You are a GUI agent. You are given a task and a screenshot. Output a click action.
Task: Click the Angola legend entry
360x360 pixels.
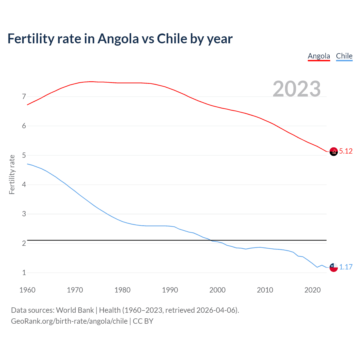point(319,56)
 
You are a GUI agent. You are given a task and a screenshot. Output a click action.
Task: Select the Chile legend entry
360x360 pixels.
point(344,56)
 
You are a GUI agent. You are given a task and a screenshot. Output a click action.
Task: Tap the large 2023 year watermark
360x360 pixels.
point(296,89)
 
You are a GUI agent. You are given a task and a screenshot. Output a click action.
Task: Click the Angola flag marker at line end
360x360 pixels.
point(334,152)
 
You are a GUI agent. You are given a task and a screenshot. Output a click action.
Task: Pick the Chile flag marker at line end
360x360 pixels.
point(334,267)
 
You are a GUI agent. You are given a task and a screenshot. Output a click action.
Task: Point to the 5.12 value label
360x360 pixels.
point(346,151)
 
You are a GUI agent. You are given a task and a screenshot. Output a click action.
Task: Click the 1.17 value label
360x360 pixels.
point(346,267)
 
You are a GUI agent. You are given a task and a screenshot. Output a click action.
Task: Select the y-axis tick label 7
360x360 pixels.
point(24,97)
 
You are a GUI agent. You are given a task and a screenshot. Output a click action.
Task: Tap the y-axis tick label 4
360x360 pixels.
point(24,185)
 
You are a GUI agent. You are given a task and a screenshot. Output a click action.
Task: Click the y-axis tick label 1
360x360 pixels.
point(24,273)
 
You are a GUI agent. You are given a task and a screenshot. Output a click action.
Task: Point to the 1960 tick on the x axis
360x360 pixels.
point(27,290)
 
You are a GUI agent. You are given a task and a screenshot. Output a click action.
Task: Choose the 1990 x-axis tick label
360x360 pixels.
point(170,290)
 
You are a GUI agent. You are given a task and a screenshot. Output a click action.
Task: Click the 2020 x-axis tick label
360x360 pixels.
point(312,290)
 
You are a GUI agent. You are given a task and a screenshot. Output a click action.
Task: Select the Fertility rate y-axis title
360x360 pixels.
point(12,174)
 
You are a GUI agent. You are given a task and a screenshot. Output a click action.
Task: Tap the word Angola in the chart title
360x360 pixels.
point(118,39)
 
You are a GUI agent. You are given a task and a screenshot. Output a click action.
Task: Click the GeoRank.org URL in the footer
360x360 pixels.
point(69,321)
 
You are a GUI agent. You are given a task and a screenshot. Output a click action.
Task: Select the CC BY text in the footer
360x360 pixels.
point(143,321)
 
